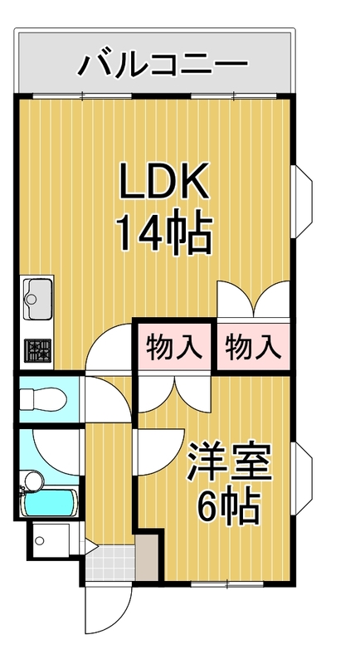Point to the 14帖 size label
pyautogui.click(x=163, y=235)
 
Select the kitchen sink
pyautogui.click(x=37, y=295)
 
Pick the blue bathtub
pyautogui.click(x=51, y=504)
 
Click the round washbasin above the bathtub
pyautogui.click(x=33, y=480)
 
